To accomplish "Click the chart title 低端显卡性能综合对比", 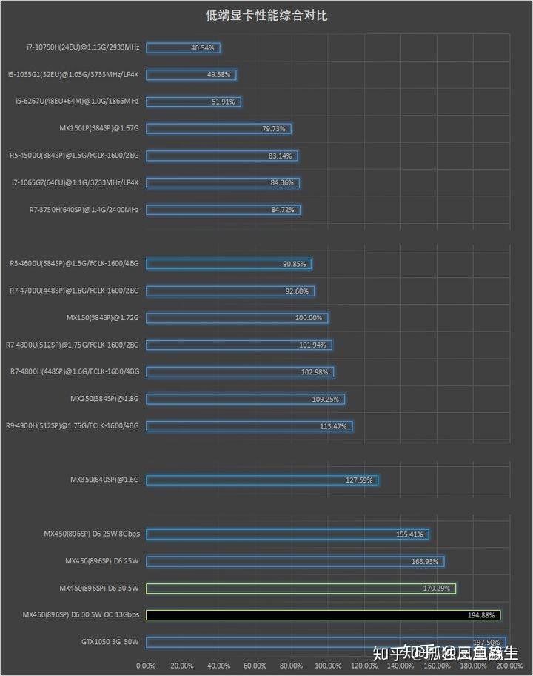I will point(266,16).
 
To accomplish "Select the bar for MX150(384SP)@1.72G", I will point(237,318).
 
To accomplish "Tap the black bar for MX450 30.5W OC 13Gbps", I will point(323,615).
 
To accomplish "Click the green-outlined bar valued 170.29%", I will point(301,589).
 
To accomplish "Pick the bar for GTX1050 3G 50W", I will point(326,642).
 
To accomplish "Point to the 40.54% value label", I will point(202,47).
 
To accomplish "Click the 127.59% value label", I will point(360,480).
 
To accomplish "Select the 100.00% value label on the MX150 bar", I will point(309,318).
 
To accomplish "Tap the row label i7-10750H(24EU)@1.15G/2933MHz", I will point(82,47).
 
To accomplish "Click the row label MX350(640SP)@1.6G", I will point(104,480).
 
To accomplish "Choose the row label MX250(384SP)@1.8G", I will point(104,399).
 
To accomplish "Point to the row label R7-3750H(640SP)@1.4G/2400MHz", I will point(84,210).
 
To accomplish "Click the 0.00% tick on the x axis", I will point(146,665).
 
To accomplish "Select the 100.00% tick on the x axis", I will point(327,665).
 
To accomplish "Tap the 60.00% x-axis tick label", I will point(255,665).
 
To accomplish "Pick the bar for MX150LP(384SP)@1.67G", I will point(218,129).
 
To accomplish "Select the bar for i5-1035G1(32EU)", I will point(192,75).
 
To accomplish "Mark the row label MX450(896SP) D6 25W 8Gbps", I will point(92,534).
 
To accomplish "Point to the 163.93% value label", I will point(425,562).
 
